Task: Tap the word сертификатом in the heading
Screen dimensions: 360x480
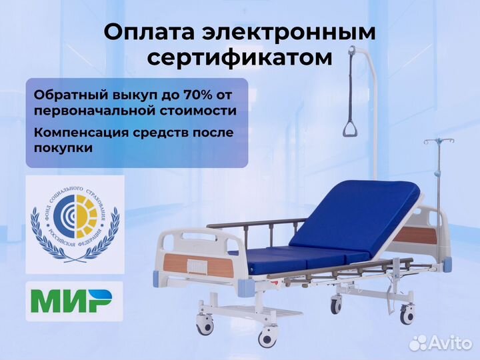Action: tap(239, 58)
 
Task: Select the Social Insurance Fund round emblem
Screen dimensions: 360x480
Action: tap(75, 225)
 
